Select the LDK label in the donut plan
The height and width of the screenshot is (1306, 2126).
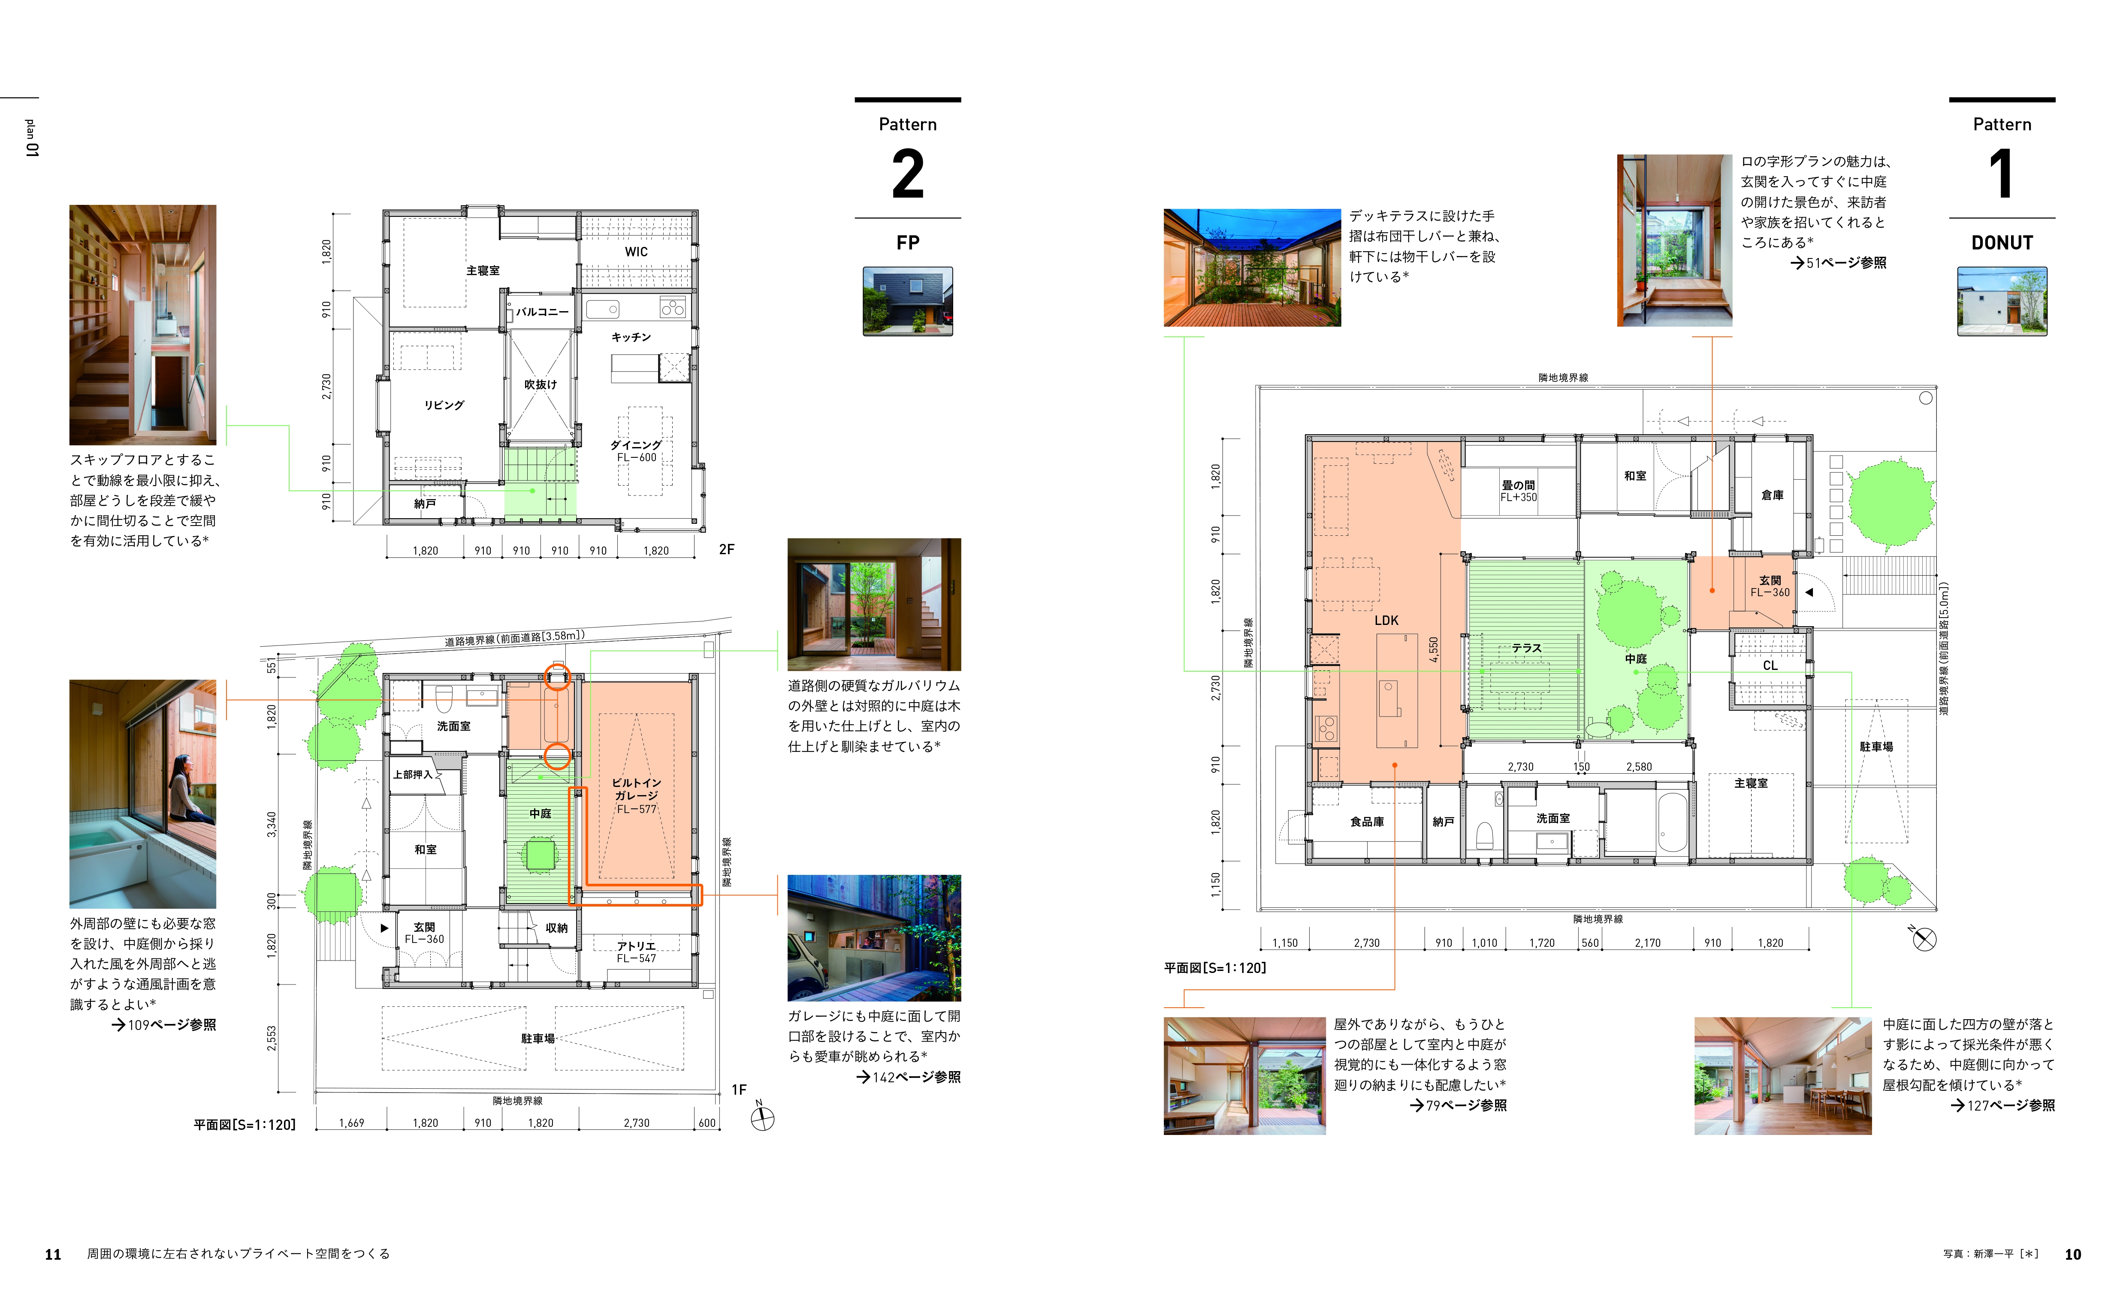pos(1386,620)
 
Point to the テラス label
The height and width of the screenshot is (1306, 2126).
pos(1526,648)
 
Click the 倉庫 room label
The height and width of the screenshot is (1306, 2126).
pos(1773,495)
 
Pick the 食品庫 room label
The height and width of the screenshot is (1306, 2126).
pos(1367,821)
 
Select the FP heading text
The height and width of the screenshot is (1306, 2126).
pos(907,243)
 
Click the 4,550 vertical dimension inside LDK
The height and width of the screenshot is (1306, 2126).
pos(1434,649)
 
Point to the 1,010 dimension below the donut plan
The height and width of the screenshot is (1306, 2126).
pos(1484,943)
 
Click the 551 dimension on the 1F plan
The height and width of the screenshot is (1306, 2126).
pos(272,666)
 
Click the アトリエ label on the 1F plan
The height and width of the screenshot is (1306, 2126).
pos(636,946)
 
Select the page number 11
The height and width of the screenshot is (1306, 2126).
pos(53,1254)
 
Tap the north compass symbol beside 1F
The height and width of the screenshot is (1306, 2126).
pos(761,1119)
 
